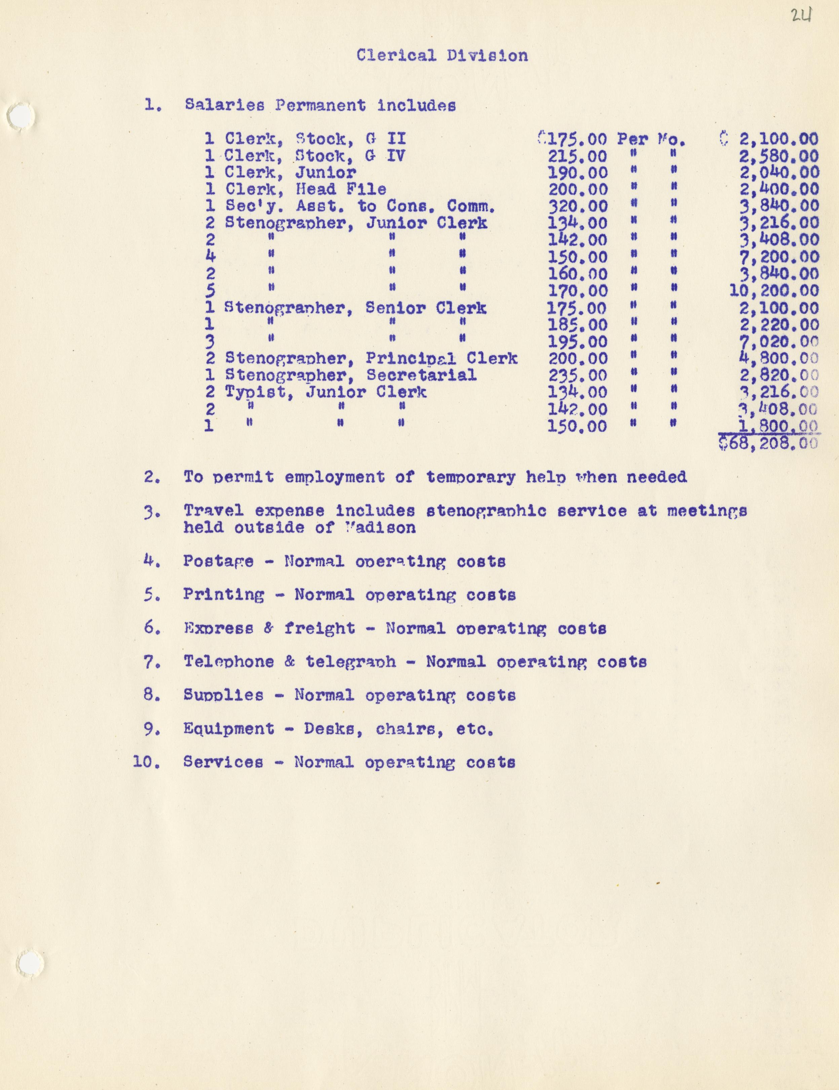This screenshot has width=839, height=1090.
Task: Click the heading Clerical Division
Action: [x=442, y=56]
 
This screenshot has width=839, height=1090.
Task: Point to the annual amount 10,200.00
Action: [x=774, y=290]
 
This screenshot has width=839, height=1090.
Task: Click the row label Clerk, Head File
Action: [x=305, y=189]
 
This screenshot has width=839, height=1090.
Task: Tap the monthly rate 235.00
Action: [x=578, y=375]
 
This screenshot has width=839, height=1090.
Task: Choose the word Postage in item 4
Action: [x=218, y=561]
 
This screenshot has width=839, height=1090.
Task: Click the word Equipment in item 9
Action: [x=228, y=729]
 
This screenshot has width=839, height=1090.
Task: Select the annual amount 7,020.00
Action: [x=779, y=342]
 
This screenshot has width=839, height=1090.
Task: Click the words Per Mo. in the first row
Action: [x=651, y=139]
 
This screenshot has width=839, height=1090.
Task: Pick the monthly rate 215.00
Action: [x=578, y=156]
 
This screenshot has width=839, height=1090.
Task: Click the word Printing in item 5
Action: [x=224, y=595]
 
